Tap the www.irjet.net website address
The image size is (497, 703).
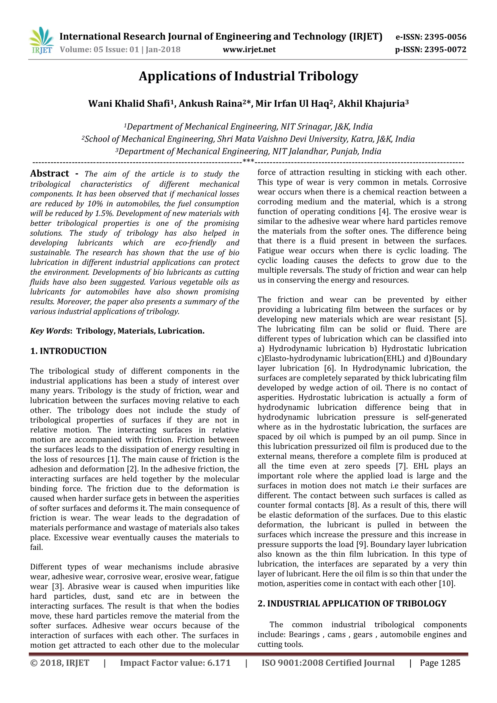coord(249,50)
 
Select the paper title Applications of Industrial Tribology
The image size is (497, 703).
coord(248,76)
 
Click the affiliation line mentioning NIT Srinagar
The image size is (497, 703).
coord(248,127)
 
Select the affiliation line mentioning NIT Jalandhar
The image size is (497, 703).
coord(248,151)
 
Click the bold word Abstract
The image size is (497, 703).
coord(50,174)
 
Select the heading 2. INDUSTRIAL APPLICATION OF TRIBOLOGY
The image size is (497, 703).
coord(352,603)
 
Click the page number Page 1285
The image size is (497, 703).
coord(440,663)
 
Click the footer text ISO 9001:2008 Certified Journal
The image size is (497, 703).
coord(328,663)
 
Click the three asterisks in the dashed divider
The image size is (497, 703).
coord(248,161)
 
